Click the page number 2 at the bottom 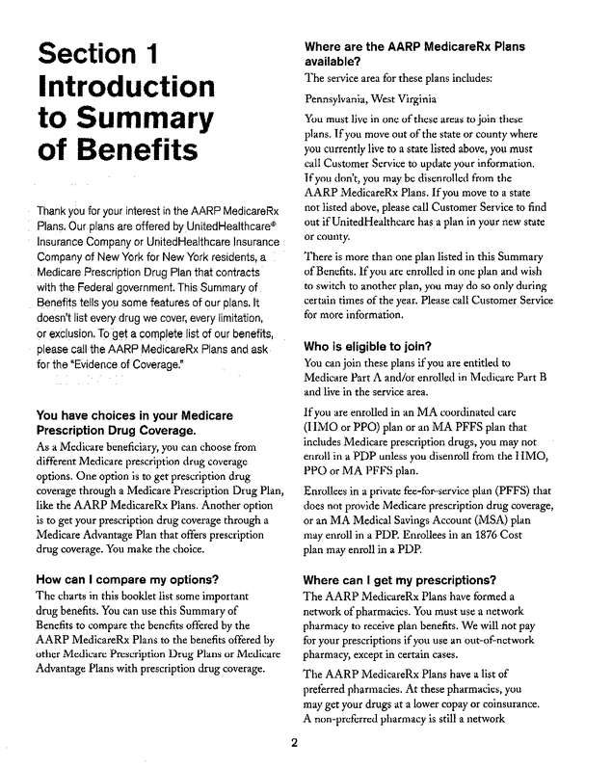click(295, 743)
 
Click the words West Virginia click(408, 98)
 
